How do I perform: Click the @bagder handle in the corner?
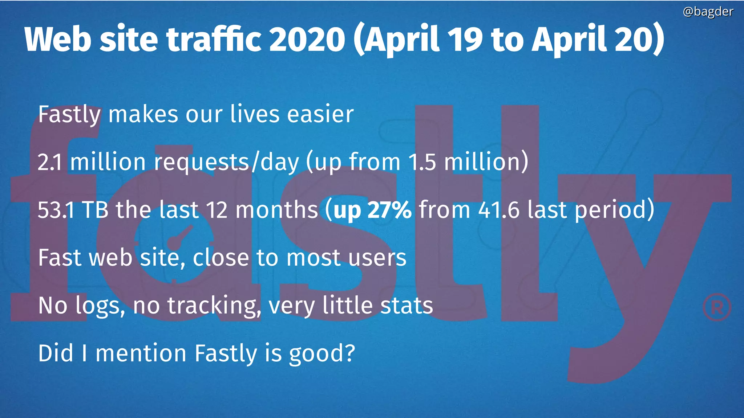(x=708, y=12)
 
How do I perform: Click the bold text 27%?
(x=389, y=210)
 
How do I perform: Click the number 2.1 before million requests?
(x=50, y=162)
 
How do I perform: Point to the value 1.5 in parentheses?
(x=422, y=162)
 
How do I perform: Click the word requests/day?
(x=226, y=162)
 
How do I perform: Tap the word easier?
(x=320, y=114)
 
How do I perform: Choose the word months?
(x=277, y=210)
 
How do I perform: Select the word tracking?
(x=214, y=306)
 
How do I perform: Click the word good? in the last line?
(x=322, y=353)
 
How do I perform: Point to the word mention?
(x=141, y=353)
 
